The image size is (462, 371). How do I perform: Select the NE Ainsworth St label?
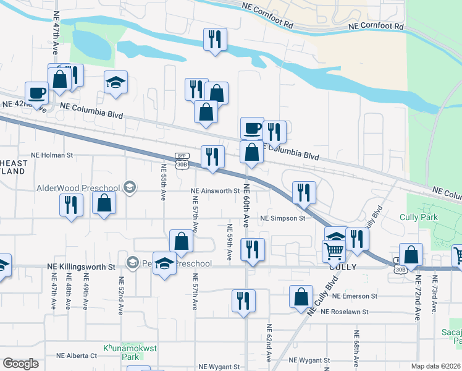pos(214,191)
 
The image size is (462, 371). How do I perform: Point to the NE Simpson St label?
pos(283,218)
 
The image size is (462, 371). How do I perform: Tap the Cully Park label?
pos(419,217)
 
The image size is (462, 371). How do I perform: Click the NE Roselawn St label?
pos(349,312)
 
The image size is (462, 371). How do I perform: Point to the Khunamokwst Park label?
pos(130,352)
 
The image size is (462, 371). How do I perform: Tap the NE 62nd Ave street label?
pos(269,343)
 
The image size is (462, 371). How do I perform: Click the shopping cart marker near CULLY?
pos(334,250)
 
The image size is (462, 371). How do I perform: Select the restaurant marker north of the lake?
pos(215,40)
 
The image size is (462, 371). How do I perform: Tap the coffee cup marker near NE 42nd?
pos(36,93)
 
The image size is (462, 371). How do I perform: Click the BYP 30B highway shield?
pos(181,160)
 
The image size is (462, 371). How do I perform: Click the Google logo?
pos(21,364)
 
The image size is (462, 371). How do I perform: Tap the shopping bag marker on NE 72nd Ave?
pos(411,255)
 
